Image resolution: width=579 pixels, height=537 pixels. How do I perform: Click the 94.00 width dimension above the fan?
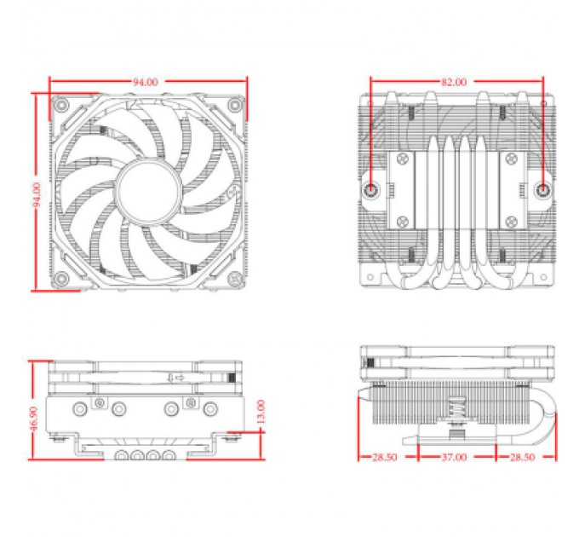(145, 82)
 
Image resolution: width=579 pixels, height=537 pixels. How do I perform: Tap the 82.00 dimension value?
(454, 82)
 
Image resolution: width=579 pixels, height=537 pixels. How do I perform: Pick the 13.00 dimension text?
(261, 411)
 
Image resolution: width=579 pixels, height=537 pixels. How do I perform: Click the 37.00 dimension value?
(455, 457)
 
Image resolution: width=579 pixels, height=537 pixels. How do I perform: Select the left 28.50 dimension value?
(383, 457)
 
